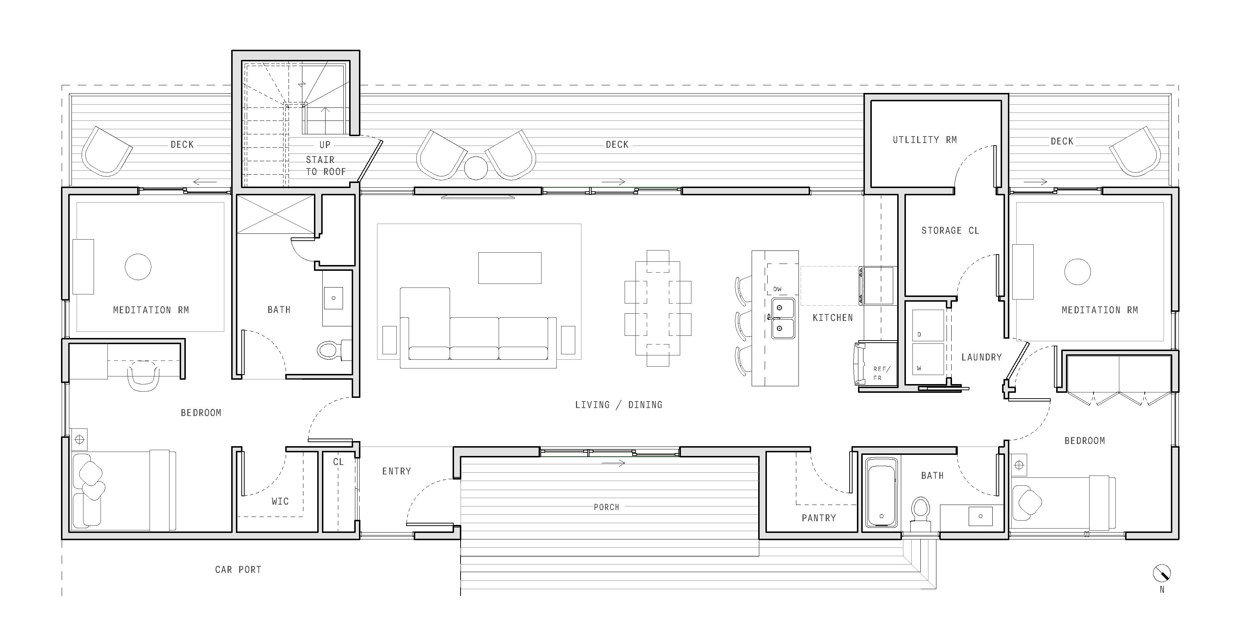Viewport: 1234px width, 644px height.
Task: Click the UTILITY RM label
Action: [924, 140]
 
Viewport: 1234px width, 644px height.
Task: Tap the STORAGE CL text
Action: [950, 231]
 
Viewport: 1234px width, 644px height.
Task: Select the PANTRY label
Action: [819, 518]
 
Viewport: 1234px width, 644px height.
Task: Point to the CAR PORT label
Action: [238, 570]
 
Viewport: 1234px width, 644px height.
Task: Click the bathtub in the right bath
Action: [882, 492]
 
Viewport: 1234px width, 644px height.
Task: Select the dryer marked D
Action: [928, 325]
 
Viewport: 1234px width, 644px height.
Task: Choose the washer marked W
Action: [928, 359]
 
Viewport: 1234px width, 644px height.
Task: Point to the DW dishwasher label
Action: [777, 289]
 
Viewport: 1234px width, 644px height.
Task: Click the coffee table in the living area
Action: [510, 268]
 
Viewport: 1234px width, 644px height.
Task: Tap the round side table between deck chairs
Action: [476, 168]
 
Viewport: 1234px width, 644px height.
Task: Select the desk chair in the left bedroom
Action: [143, 376]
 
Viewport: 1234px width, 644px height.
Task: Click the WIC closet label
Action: [280, 502]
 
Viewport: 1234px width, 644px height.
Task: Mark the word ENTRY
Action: [397, 472]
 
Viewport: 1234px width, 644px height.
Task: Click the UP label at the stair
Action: [325, 145]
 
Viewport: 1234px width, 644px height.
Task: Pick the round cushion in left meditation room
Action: [138, 266]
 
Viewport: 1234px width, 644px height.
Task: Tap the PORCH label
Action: [606, 507]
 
